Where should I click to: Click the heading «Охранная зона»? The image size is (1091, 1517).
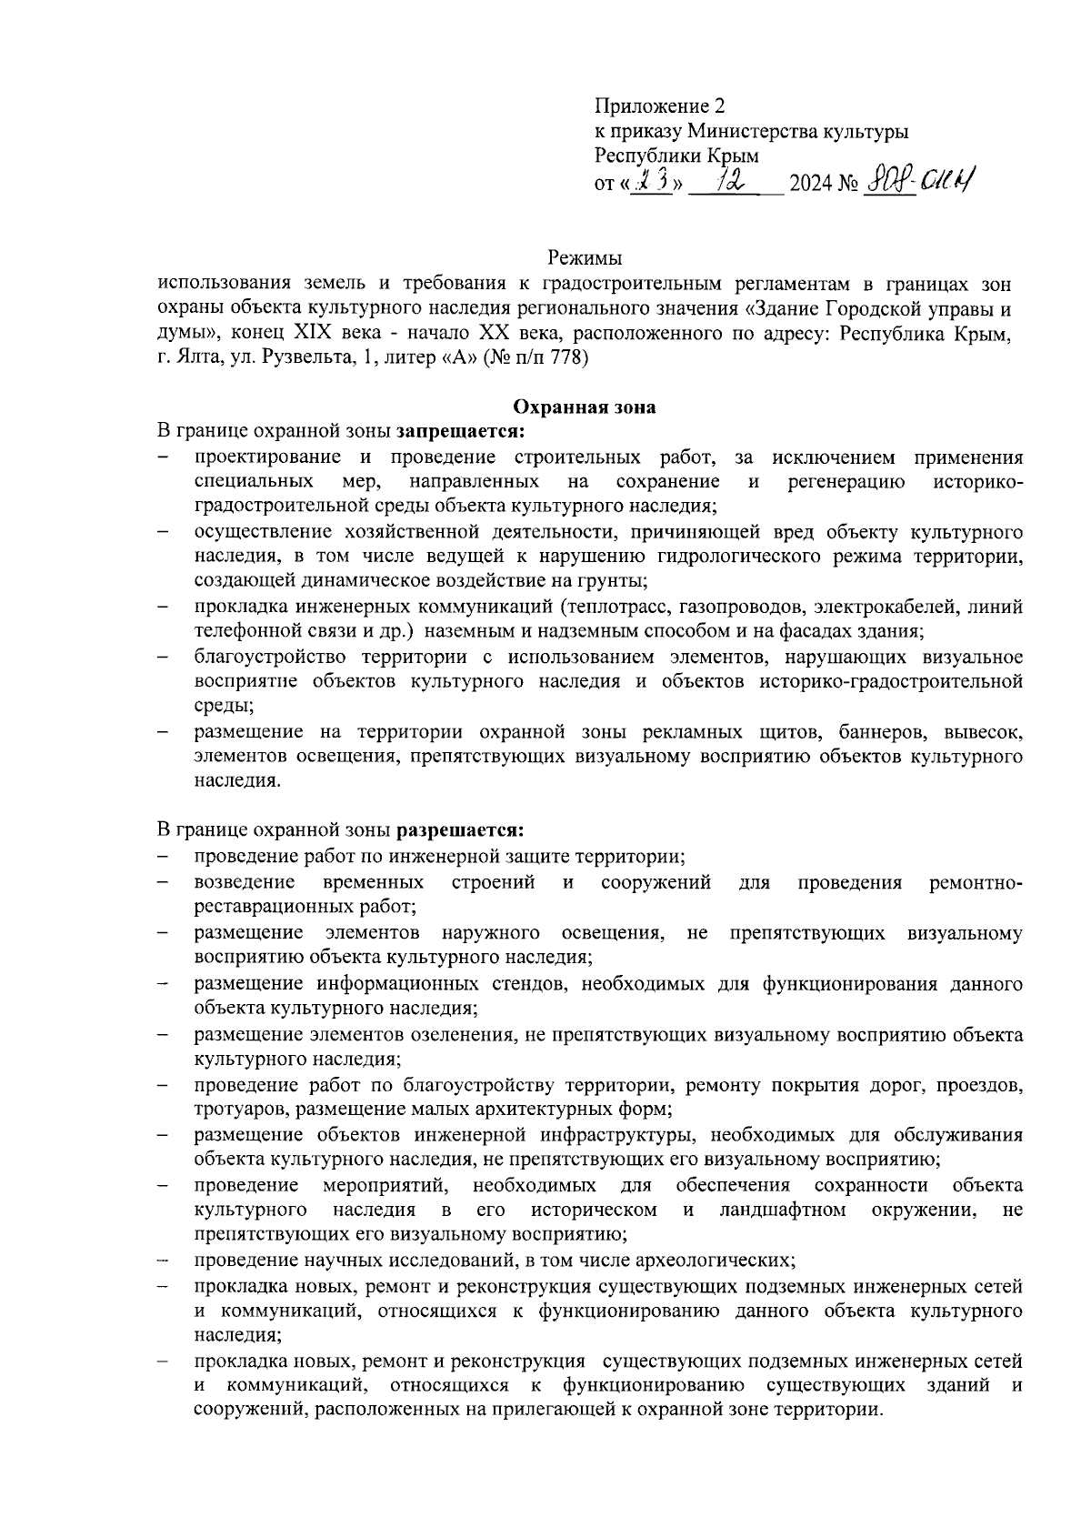pos(585,407)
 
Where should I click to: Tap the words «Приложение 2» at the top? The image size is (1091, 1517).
pos(660,106)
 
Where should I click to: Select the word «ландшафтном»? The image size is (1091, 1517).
pos(783,1211)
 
